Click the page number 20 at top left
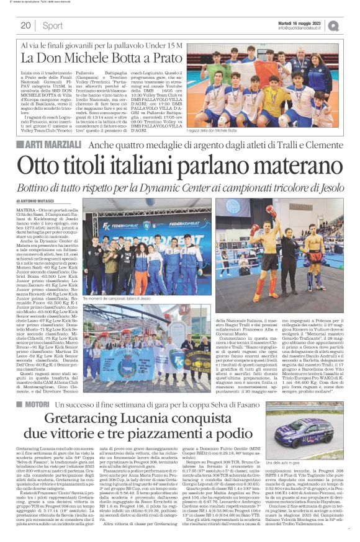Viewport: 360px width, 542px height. click(x=25, y=25)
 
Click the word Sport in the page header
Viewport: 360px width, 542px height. click(x=52, y=25)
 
